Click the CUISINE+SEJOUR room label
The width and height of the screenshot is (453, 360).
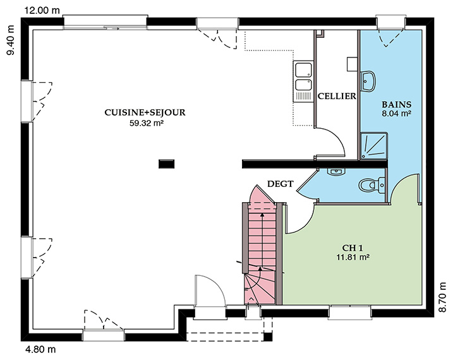145,112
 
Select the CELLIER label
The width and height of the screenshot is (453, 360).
337,96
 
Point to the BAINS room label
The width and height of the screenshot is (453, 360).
396,104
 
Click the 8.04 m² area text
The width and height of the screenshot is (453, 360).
396,114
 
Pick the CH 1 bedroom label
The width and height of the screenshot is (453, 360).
353,248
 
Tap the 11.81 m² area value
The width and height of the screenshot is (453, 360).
353,257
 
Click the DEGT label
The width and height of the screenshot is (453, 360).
281,184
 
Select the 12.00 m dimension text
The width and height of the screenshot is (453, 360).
42,11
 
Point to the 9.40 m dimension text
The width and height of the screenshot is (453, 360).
11,40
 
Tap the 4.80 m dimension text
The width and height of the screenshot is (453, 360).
40,350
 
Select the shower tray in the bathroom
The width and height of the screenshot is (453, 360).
373,146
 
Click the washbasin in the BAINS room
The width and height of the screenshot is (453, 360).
368,81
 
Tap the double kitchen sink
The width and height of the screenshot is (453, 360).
303,81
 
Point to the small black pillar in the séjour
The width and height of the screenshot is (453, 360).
166,164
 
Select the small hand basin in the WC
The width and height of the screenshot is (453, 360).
336,172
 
